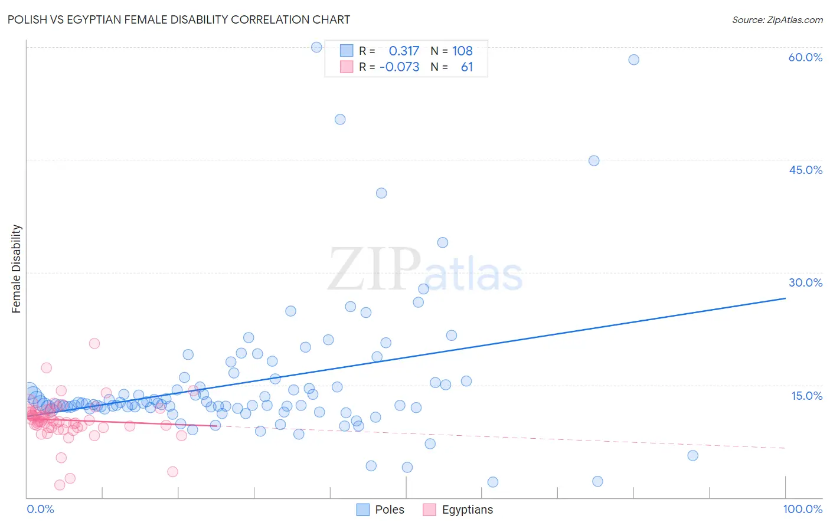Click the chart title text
pyautogui.click(x=179, y=19)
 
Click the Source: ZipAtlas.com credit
pyautogui.click(x=777, y=19)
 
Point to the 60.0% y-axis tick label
pyautogui.click(x=805, y=57)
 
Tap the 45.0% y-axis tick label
pyautogui.click(x=805, y=170)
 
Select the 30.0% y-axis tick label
pyautogui.click(x=805, y=282)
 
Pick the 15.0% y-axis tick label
pyautogui.click(x=806, y=396)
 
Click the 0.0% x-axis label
pyautogui.click(x=40, y=509)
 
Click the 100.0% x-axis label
pyautogui.click(x=802, y=509)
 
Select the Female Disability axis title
pyautogui.click(x=17, y=268)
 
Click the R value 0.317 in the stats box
pyautogui.click(x=404, y=51)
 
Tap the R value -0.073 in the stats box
pyautogui.click(x=400, y=67)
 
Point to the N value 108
pyautogui.click(x=462, y=51)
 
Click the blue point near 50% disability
pyautogui.click(x=340, y=119)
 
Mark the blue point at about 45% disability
pyautogui.click(x=594, y=160)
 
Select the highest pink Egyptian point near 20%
pyautogui.click(x=94, y=343)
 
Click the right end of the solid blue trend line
pyautogui.click(x=785, y=298)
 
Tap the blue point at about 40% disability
pyautogui.click(x=381, y=193)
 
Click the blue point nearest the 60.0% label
pyautogui.click(x=633, y=60)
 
